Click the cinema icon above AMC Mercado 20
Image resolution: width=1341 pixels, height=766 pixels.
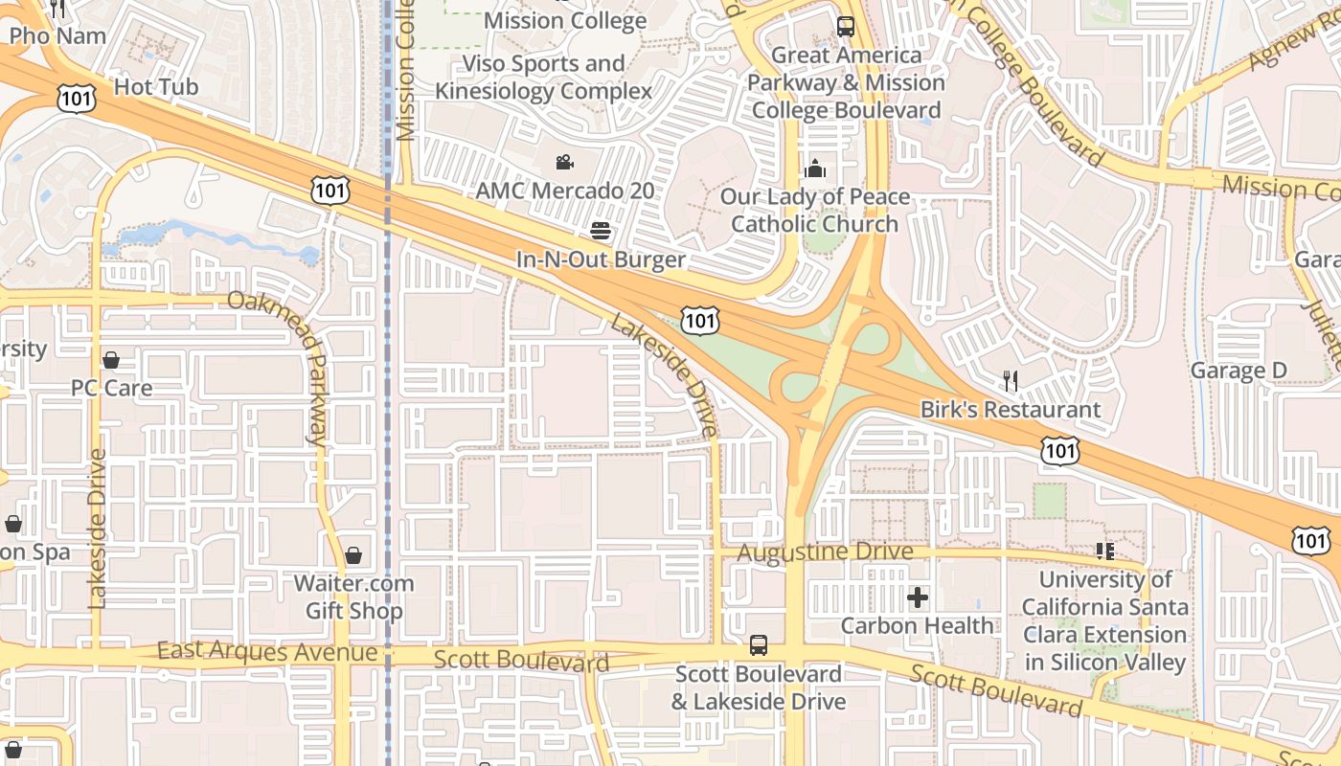pos(564,163)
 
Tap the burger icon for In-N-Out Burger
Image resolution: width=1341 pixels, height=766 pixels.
pos(601,231)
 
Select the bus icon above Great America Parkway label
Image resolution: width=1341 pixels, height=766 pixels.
pos(845,27)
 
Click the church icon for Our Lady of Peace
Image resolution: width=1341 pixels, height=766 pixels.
pos(815,169)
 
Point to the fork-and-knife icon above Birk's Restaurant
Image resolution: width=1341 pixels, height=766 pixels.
pos(1010,381)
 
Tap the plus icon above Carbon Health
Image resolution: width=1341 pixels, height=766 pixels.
pos(917,598)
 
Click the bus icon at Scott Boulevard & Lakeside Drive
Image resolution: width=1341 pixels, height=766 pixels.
pos(758,645)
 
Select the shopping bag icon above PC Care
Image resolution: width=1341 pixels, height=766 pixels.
pos(111,360)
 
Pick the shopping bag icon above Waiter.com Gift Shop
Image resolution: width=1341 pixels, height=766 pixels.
pos(353,555)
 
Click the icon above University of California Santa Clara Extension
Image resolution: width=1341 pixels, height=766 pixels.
pos(1105,552)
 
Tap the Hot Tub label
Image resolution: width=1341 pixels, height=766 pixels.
pos(156,87)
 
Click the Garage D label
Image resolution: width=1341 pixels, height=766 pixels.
pos(1238,371)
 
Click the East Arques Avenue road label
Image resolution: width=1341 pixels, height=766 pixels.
pos(267,652)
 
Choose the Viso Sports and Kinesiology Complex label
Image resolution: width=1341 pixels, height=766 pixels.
pos(543,78)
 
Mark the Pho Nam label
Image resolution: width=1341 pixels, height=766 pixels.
pos(57,36)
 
